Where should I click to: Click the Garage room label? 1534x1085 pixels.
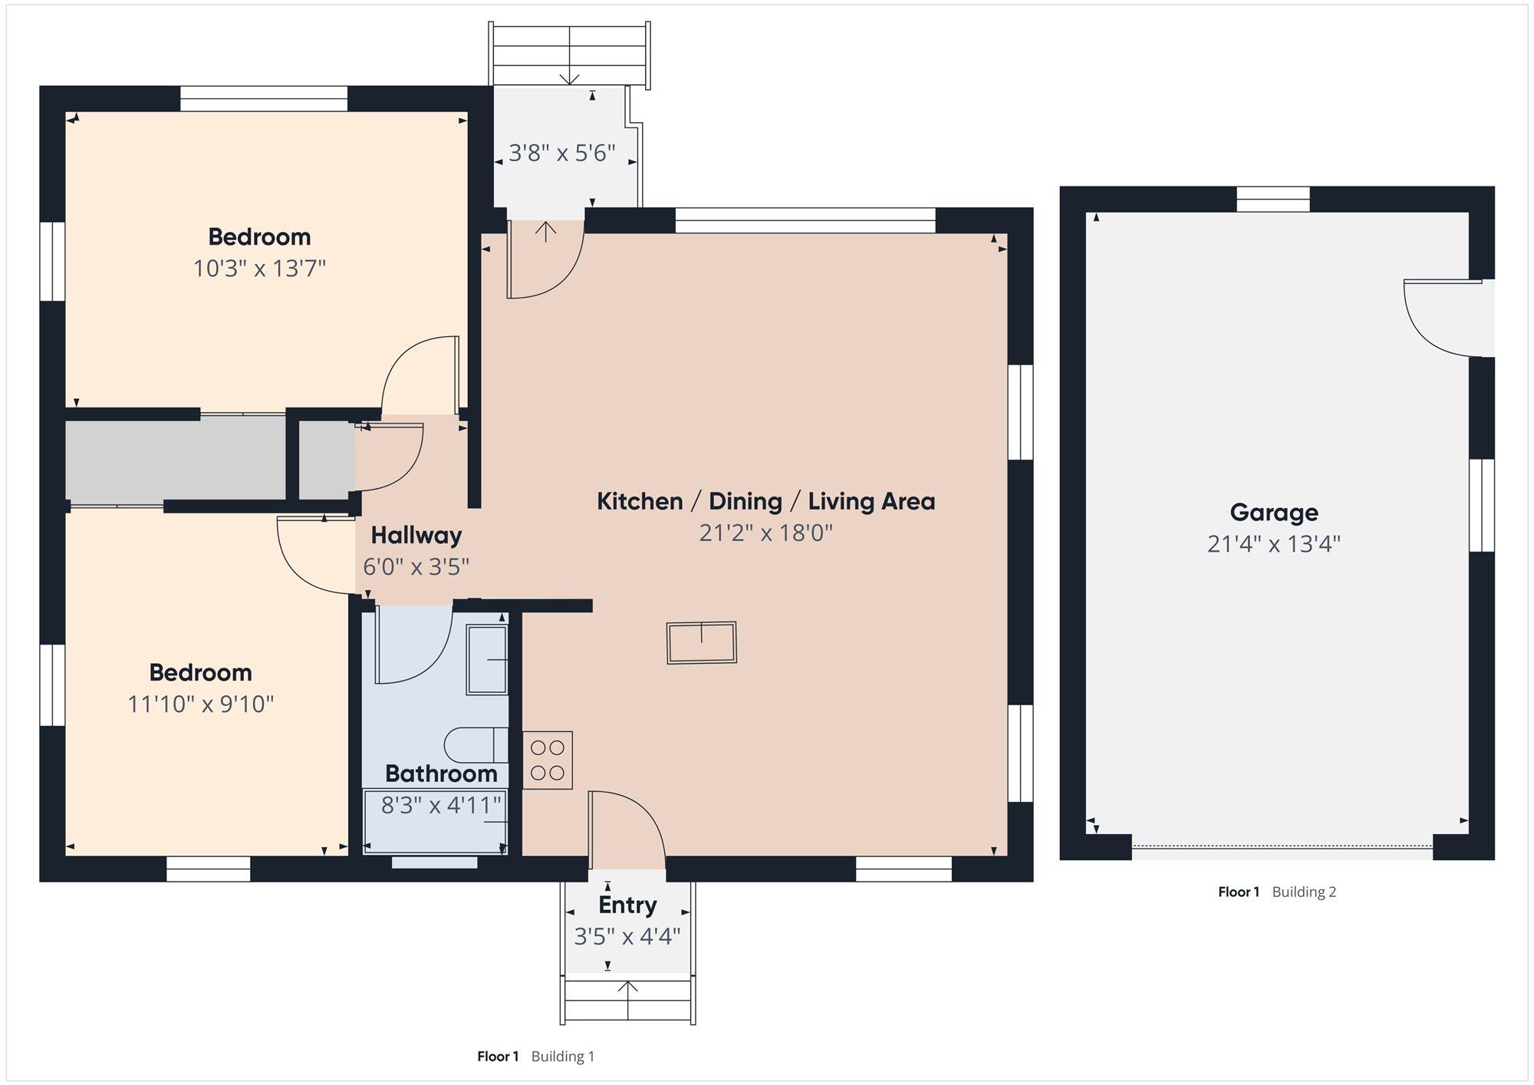click(x=1274, y=512)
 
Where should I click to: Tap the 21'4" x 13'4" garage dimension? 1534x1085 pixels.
click(x=1274, y=544)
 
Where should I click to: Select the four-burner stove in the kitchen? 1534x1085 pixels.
click(x=548, y=760)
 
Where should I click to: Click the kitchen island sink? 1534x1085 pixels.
click(x=702, y=642)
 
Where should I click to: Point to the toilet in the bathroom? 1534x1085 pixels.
click(x=476, y=745)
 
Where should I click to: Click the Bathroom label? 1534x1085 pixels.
click(x=441, y=773)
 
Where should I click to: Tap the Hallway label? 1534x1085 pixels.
click(x=416, y=535)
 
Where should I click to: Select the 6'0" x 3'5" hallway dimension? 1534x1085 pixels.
click(x=416, y=567)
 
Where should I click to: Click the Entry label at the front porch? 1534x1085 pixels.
click(x=627, y=905)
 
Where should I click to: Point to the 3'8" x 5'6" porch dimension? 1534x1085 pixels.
click(x=562, y=153)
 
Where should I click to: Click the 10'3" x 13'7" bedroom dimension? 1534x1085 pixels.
click(x=260, y=269)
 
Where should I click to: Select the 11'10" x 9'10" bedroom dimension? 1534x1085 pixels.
click(x=201, y=704)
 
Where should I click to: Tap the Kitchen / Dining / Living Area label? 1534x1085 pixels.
click(x=766, y=501)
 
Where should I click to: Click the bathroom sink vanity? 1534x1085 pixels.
click(x=487, y=660)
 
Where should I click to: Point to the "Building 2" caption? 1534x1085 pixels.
click(x=1304, y=892)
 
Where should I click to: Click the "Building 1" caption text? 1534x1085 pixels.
click(x=563, y=1057)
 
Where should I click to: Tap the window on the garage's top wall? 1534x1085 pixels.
click(x=1273, y=200)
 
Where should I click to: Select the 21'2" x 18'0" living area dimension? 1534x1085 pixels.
click(x=766, y=533)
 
